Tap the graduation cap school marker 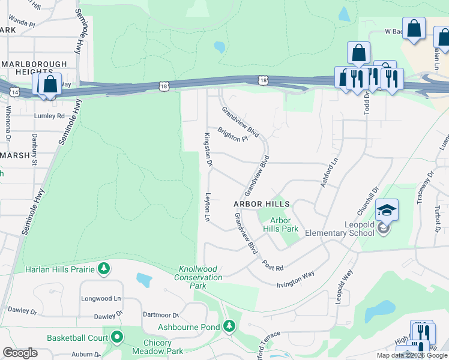[387, 211]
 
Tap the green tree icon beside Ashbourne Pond [229, 326]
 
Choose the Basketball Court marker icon [117, 338]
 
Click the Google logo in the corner [20, 352]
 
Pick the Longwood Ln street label [101, 298]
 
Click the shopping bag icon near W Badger [414, 28]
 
